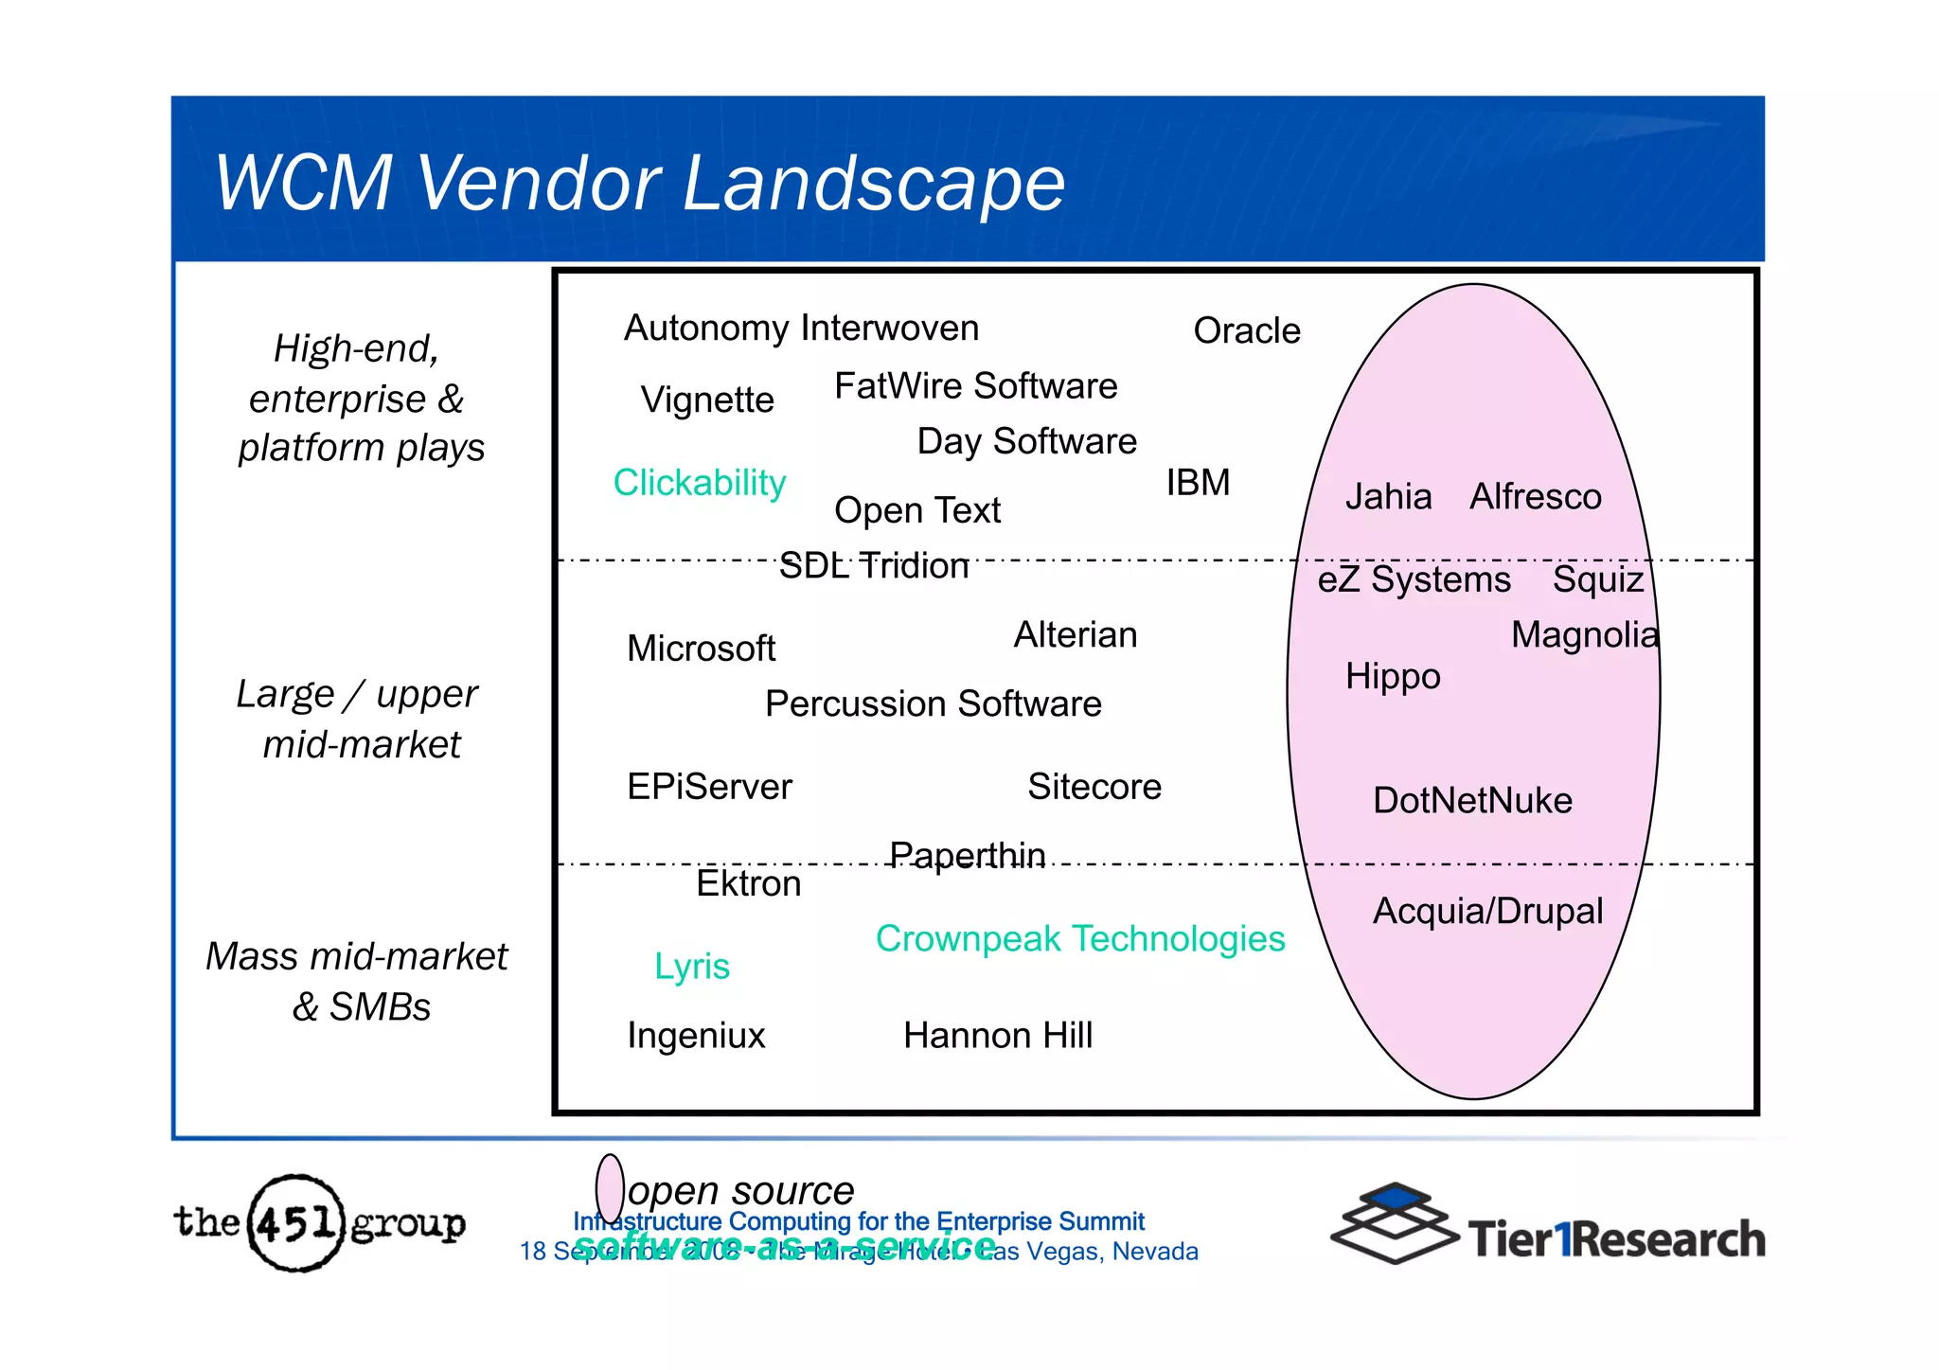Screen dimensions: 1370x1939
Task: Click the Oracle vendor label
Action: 1246,331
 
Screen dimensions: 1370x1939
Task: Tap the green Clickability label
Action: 699,483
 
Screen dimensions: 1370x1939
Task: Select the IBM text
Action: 1197,483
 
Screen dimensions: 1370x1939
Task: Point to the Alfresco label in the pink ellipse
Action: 1535,497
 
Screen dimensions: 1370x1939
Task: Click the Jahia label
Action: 1388,497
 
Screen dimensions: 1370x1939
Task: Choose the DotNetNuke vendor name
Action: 1472,801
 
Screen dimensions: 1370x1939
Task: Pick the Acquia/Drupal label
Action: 1487,912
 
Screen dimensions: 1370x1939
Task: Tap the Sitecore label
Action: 1094,787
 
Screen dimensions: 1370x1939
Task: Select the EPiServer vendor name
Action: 709,787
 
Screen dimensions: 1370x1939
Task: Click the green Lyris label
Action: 692,967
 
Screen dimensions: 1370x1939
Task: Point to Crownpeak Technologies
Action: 1080,939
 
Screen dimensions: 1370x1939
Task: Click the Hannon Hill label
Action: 998,1036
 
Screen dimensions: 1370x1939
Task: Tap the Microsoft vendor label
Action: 701,649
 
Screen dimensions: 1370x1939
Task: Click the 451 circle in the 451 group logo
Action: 296,1223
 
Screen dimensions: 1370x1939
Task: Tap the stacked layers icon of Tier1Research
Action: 1394,1222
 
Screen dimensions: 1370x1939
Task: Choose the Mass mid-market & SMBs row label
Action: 358,981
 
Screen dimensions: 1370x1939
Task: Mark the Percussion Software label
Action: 933,704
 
